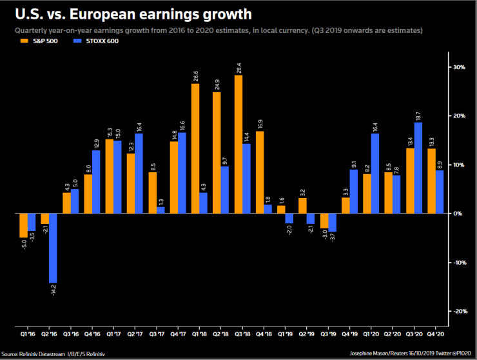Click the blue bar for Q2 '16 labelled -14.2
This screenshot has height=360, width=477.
coord(54,248)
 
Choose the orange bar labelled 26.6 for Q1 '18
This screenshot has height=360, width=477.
coord(195,148)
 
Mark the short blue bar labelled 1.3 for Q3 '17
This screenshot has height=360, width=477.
coord(161,210)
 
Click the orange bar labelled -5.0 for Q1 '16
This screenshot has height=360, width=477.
coord(24,225)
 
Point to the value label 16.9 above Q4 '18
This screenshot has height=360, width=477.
coord(260,123)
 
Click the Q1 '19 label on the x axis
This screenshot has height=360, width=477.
coord(285,335)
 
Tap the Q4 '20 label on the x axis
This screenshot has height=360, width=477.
coord(436,335)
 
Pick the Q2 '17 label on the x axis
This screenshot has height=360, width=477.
coord(135,335)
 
